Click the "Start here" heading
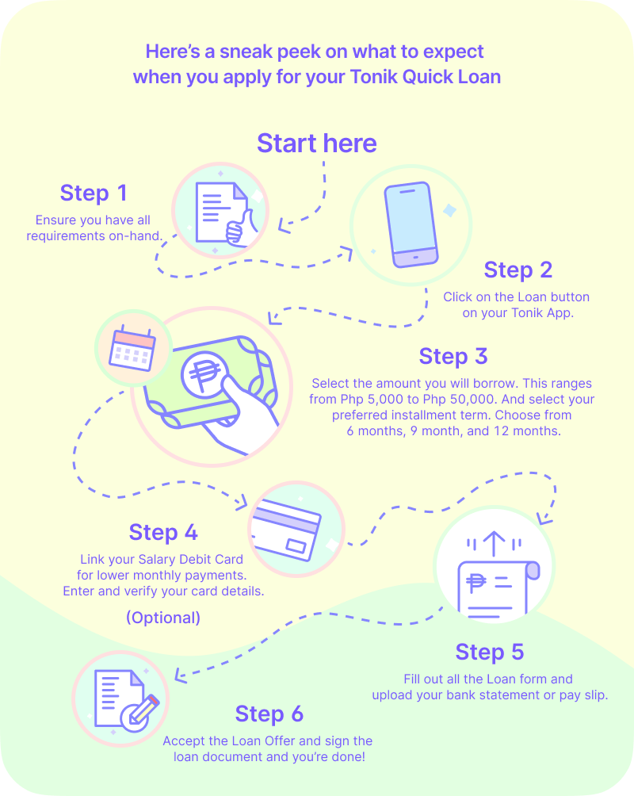tap(317, 144)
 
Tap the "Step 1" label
tap(94, 193)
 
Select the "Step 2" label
tap(518, 270)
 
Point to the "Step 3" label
tap(453, 357)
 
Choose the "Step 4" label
tap(163, 532)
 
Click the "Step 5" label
tap(489, 652)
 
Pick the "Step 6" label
tap(269, 714)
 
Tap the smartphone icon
tap(409, 225)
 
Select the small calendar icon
tap(132, 348)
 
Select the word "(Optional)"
tap(163, 618)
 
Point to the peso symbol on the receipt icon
tap(476, 584)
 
